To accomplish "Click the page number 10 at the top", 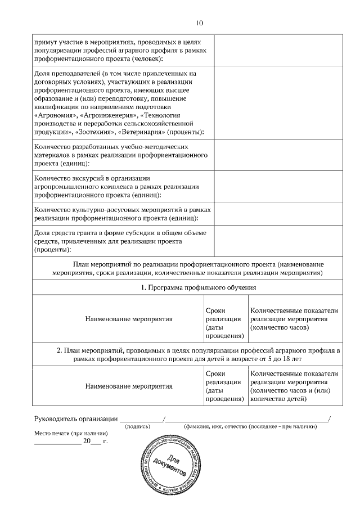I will pos(199,23).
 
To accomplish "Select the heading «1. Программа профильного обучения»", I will pos(199,287).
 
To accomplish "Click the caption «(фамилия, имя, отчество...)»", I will pos(249,427).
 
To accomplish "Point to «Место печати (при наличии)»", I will pos(70,434).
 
